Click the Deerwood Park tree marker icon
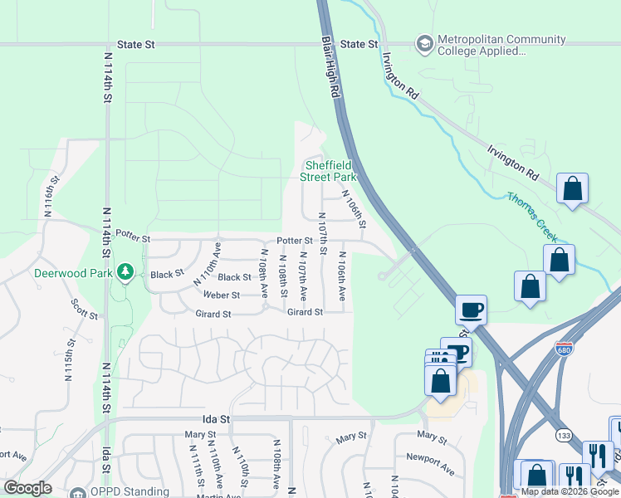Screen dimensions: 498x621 click(x=125, y=272)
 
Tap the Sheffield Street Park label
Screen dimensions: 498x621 click(x=329, y=171)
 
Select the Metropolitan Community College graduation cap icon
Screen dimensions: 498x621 click(x=425, y=42)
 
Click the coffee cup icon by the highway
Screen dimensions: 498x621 click(x=472, y=310)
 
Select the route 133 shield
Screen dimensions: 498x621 click(x=563, y=435)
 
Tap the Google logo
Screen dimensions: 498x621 click(x=27, y=488)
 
